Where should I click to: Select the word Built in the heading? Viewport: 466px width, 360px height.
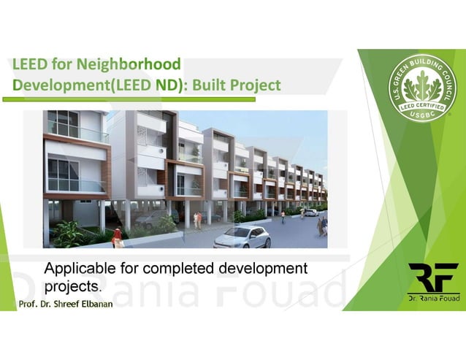click(x=213, y=85)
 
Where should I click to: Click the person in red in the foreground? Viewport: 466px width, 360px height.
click(x=117, y=237)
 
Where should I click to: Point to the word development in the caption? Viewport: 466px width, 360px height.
click(x=266, y=268)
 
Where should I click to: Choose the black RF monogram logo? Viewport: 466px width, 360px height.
click(x=433, y=278)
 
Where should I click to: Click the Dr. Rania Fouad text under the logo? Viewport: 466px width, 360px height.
click(x=433, y=298)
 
